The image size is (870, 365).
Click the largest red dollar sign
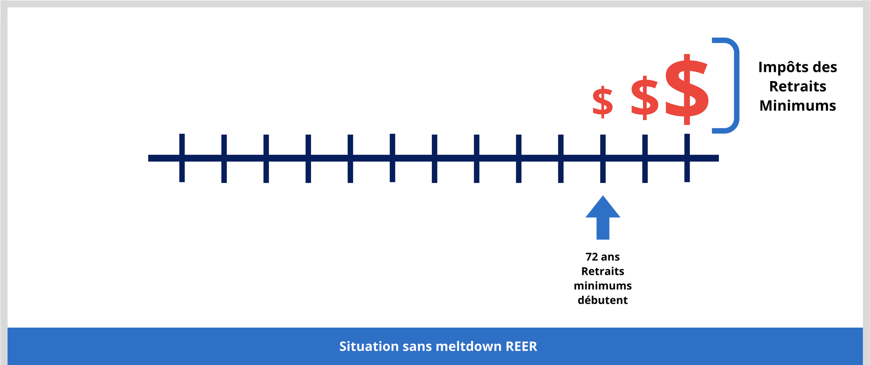pyautogui.click(x=687, y=89)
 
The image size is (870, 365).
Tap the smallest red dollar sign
pyautogui.click(x=602, y=102)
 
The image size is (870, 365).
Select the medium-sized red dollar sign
pyautogui.click(x=644, y=98)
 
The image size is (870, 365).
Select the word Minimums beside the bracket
pyautogui.click(x=798, y=106)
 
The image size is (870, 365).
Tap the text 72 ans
pyautogui.click(x=603, y=257)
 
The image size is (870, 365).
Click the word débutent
pyautogui.click(x=603, y=300)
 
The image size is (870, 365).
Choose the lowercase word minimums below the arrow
pyautogui.click(x=603, y=286)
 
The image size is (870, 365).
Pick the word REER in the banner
pyautogui.click(x=521, y=347)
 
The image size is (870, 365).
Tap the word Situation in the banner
pyautogui.click(x=369, y=347)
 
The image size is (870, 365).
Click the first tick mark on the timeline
pyautogui.click(x=182, y=158)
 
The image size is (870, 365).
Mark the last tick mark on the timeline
pyautogui.click(x=687, y=158)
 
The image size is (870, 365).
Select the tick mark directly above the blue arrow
pyautogui.click(x=603, y=159)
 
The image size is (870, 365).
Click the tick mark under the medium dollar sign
pyautogui.click(x=645, y=159)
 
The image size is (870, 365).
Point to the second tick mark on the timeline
pyautogui.click(x=224, y=159)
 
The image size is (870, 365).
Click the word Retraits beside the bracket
pyautogui.click(x=798, y=87)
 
